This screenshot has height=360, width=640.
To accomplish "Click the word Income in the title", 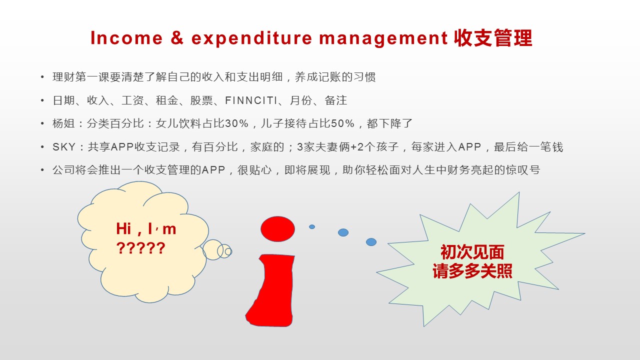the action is (x=126, y=38).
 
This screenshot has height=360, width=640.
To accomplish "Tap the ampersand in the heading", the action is (x=177, y=37).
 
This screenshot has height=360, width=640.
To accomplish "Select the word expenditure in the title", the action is (x=251, y=38).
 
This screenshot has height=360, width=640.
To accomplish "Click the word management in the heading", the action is (x=383, y=39).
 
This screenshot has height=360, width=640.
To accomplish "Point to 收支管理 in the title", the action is (x=493, y=38).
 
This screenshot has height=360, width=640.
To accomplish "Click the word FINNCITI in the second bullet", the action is (x=251, y=100).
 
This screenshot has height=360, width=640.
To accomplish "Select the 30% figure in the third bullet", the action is (x=236, y=123).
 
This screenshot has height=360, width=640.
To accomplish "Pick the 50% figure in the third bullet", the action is (x=342, y=123).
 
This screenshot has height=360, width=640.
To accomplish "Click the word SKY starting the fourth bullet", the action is (x=64, y=147).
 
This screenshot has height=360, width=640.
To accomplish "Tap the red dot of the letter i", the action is (x=277, y=229).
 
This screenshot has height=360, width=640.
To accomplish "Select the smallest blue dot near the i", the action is (x=312, y=227).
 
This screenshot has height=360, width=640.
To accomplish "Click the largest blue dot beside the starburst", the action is (x=371, y=242).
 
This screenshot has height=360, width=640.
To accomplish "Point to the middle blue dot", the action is (x=343, y=232).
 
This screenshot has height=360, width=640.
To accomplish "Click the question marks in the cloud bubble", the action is (x=141, y=248).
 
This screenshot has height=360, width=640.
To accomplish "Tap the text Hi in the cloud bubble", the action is (x=123, y=229).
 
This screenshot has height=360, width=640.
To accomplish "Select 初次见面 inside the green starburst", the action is (x=472, y=252).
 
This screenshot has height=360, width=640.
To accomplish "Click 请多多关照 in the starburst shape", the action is (x=472, y=271).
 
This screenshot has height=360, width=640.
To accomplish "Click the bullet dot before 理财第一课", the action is (x=42, y=77).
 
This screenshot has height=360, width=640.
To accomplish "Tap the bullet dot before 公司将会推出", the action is (x=42, y=170).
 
